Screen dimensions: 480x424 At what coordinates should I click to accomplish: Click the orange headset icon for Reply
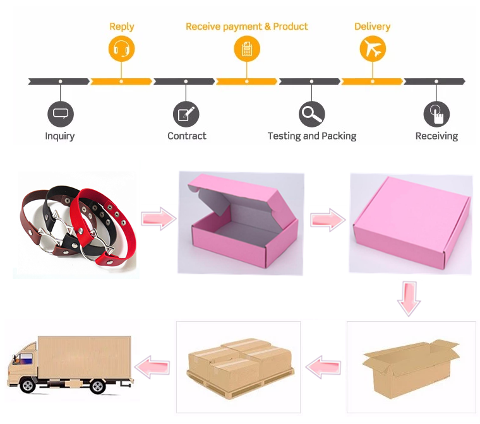pyautogui.click(x=121, y=49)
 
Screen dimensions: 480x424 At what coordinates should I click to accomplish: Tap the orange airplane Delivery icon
pyautogui.click(x=373, y=49)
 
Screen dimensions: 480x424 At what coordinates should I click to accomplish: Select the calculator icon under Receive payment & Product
pyautogui.click(x=247, y=49)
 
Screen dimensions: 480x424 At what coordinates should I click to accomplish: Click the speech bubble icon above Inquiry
pyautogui.click(x=60, y=114)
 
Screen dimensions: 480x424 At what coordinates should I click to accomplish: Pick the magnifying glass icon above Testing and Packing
pyautogui.click(x=311, y=114)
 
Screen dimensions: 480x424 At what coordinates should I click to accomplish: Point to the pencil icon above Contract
pyautogui.click(x=186, y=114)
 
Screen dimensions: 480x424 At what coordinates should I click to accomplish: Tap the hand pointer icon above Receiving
pyautogui.click(x=436, y=114)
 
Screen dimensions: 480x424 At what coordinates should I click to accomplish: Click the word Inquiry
pyautogui.click(x=60, y=136)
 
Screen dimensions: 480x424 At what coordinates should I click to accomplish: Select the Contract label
pyautogui.click(x=187, y=136)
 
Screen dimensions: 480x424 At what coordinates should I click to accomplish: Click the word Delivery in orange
pyautogui.click(x=372, y=26)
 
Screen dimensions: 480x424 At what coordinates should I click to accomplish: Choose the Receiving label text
pyautogui.click(x=436, y=136)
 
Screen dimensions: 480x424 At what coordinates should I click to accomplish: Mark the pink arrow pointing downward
pyautogui.click(x=409, y=298)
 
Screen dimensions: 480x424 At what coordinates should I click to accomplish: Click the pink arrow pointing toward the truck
pyautogui.click(x=153, y=366)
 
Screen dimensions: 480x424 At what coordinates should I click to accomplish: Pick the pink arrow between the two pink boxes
pyautogui.click(x=327, y=219)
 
